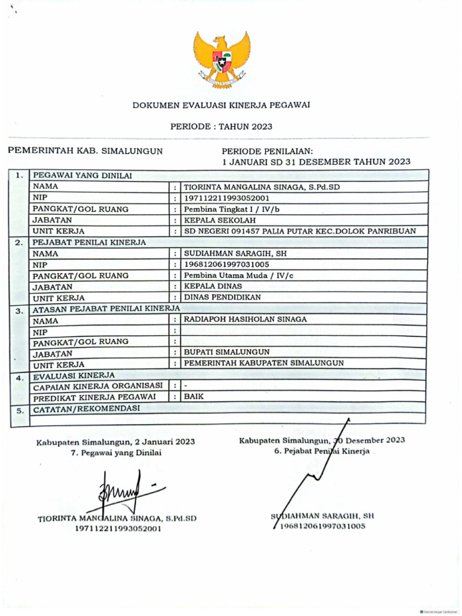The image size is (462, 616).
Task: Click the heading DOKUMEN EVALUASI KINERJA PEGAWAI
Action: pos(221,105)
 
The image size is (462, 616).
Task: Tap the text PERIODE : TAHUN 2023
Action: pos(221,126)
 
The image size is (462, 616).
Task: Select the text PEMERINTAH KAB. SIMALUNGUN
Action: pos(85,151)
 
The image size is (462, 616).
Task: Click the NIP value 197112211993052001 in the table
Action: pos(227,198)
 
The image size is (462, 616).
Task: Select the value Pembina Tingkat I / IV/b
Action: pos(232,209)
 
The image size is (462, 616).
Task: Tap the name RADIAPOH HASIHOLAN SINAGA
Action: pos(245,319)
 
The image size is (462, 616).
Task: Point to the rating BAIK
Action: pos(194,396)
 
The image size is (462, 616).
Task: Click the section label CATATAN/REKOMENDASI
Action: pos(86,408)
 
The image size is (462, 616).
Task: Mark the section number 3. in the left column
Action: pos(19,311)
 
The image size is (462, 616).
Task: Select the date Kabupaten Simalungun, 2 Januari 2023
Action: pos(115,442)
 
